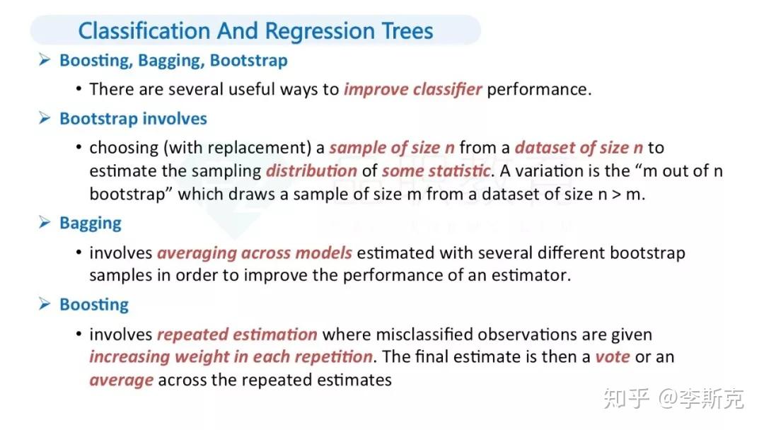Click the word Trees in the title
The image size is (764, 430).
(x=407, y=30)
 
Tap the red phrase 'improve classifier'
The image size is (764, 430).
(x=412, y=89)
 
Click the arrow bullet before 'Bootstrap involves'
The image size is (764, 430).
(x=45, y=118)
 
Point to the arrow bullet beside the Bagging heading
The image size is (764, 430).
(x=45, y=223)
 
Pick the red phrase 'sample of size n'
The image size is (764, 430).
(x=392, y=147)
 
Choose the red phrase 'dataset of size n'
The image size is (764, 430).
(x=579, y=147)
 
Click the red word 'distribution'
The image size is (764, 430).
(x=311, y=170)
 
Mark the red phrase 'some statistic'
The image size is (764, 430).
(x=436, y=170)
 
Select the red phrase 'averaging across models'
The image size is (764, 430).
(x=255, y=252)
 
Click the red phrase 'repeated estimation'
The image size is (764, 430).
(x=237, y=334)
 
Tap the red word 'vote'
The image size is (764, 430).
(x=613, y=356)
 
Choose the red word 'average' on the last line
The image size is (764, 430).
(x=122, y=380)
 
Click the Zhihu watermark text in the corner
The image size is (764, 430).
(x=673, y=398)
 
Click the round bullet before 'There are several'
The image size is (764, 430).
(x=79, y=89)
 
